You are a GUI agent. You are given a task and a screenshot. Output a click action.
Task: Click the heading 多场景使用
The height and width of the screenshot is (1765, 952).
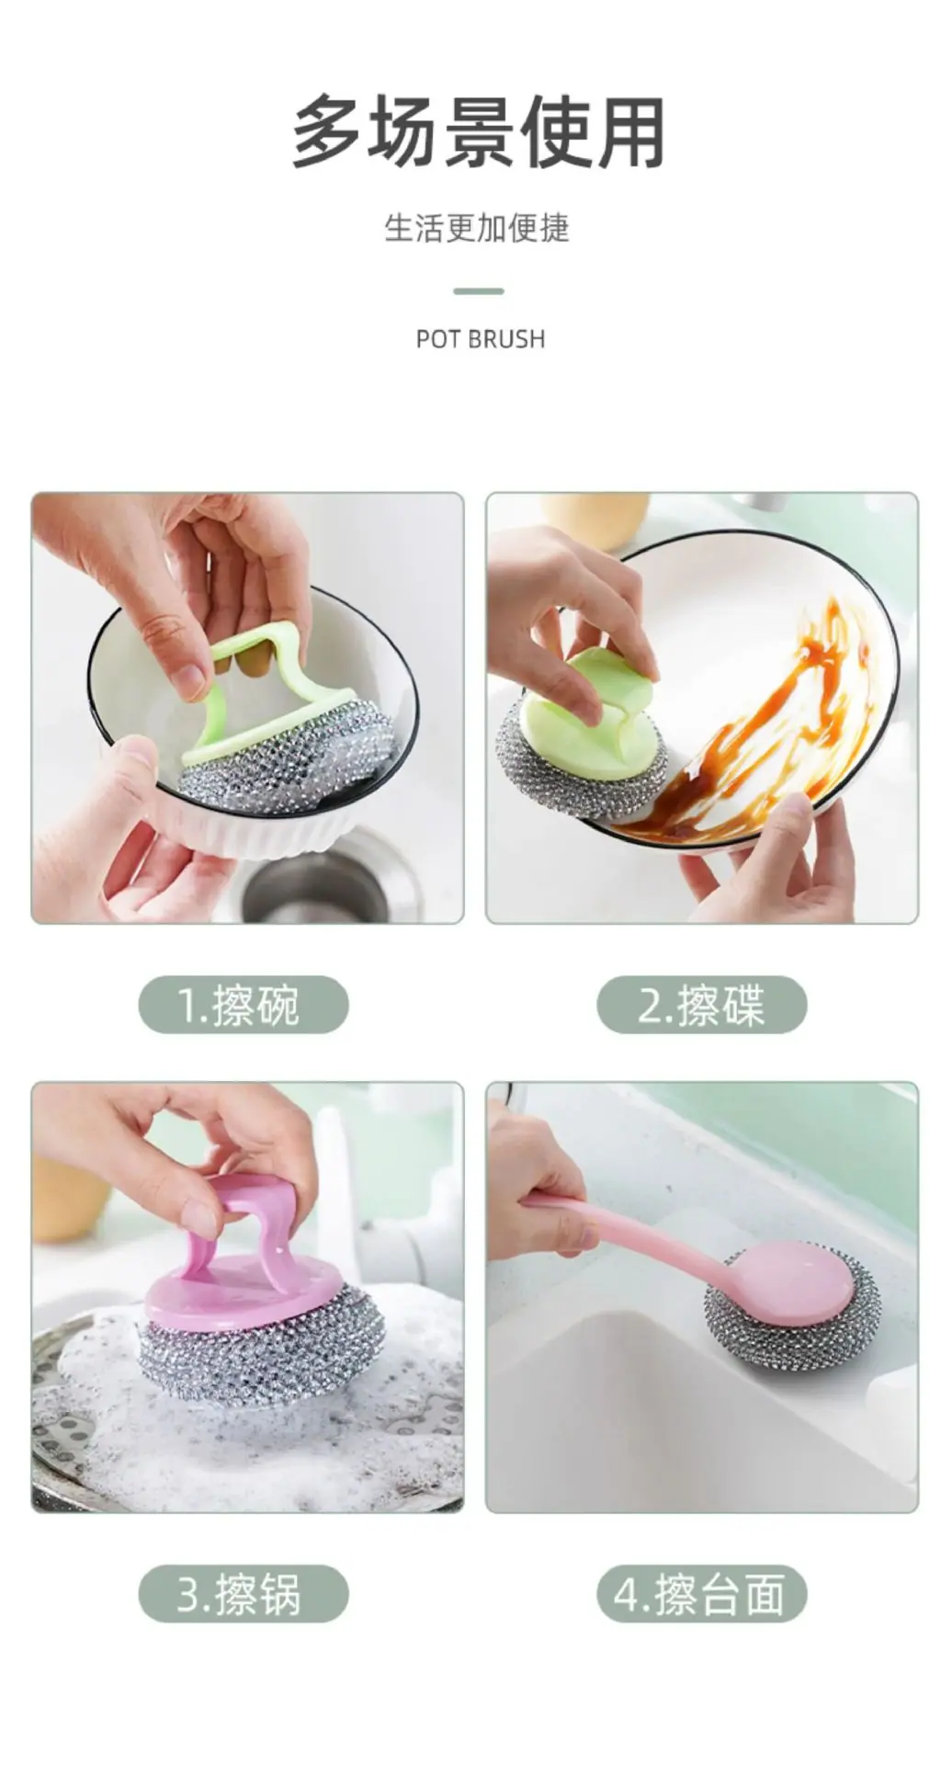479,133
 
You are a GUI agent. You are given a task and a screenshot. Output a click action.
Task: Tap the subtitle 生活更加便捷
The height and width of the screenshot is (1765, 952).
477,228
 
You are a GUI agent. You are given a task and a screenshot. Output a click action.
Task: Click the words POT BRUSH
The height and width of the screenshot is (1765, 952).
481,339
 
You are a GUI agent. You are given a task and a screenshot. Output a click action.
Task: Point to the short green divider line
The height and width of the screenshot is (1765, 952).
479,291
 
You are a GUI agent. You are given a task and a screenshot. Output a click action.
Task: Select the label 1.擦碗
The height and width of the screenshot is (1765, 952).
240,1004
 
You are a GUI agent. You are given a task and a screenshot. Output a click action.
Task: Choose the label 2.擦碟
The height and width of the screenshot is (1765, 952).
701,1004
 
